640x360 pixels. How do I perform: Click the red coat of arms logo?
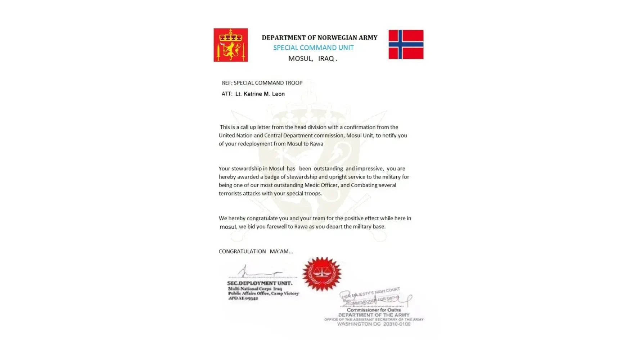[x=230, y=45]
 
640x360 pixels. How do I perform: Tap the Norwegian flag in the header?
[x=406, y=44]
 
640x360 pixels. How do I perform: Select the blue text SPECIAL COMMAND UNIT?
[x=313, y=48]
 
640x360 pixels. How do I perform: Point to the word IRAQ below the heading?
[x=326, y=58]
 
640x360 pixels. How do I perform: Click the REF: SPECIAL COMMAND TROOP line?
[x=262, y=83]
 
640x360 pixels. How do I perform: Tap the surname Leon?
[x=278, y=94]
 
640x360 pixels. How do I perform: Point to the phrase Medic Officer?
[x=321, y=185]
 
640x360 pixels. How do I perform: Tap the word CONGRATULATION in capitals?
[x=242, y=251]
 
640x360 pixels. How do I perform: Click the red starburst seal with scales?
[x=322, y=274]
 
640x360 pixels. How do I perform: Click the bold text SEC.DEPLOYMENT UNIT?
[x=260, y=283]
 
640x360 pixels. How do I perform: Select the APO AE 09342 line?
[x=243, y=298]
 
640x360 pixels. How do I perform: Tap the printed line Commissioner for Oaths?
[x=374, y=310]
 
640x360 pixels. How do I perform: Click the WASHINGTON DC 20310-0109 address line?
[x=374, y=324]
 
